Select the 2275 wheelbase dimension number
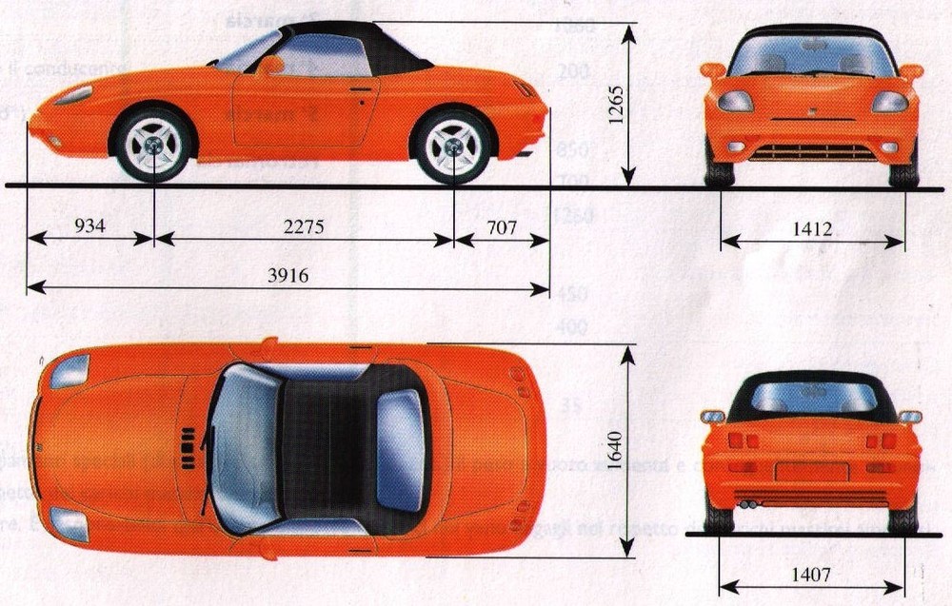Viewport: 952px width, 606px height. (304, 226)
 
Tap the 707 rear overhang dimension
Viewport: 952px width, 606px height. (501, 226)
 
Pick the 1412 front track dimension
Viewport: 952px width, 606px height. (811, 228)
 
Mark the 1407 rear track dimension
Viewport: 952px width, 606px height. (811, 575)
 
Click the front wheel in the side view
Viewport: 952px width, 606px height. (153, 145)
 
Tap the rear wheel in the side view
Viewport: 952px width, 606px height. (453, 145)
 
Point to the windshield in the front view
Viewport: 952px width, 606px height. (811, 55)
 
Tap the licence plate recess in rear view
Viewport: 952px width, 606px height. (811, 470)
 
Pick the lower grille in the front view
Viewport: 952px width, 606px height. (811, 152)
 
